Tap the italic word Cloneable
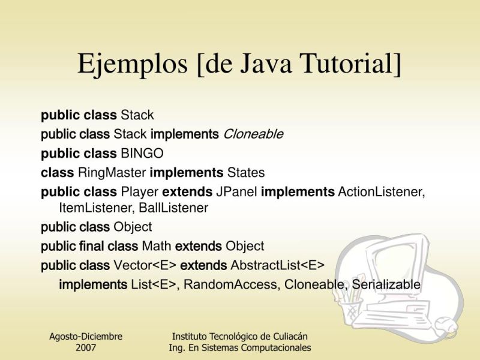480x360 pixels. pyautogui.click(x=253, y=134)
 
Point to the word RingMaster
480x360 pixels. pyautogui.click(x=112, y=173)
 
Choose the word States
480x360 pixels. pyautogui.click(x=245, y=173)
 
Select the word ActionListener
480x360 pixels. pyautogui.click(x=382, y=193)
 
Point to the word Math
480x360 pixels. pyautogui.click(x=157, y=246)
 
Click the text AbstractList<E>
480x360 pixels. pyautogui.click(x=277, y=265)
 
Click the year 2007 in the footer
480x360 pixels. pyautogui.click(x=86, y=347)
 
